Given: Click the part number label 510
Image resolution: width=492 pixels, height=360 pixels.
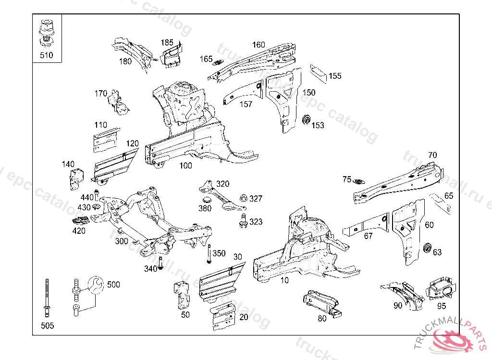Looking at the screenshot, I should tap(46, 55).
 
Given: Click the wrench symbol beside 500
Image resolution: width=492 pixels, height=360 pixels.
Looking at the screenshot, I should tap(96, 285).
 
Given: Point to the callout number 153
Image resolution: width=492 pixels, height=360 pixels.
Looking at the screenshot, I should tap(318, 125).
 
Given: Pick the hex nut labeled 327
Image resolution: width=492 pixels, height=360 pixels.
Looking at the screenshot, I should tap(243, 197).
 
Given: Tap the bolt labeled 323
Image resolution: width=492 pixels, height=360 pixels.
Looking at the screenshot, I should tap(243, 222).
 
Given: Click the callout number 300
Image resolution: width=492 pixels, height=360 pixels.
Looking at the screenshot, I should tap(122, 241).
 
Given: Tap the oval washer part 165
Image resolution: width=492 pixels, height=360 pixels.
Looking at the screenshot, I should tap(219, 62).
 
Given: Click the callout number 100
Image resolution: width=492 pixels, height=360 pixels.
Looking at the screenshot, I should tap(185, 166).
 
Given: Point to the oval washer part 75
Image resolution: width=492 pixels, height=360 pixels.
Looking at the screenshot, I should tap(359, 181).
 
